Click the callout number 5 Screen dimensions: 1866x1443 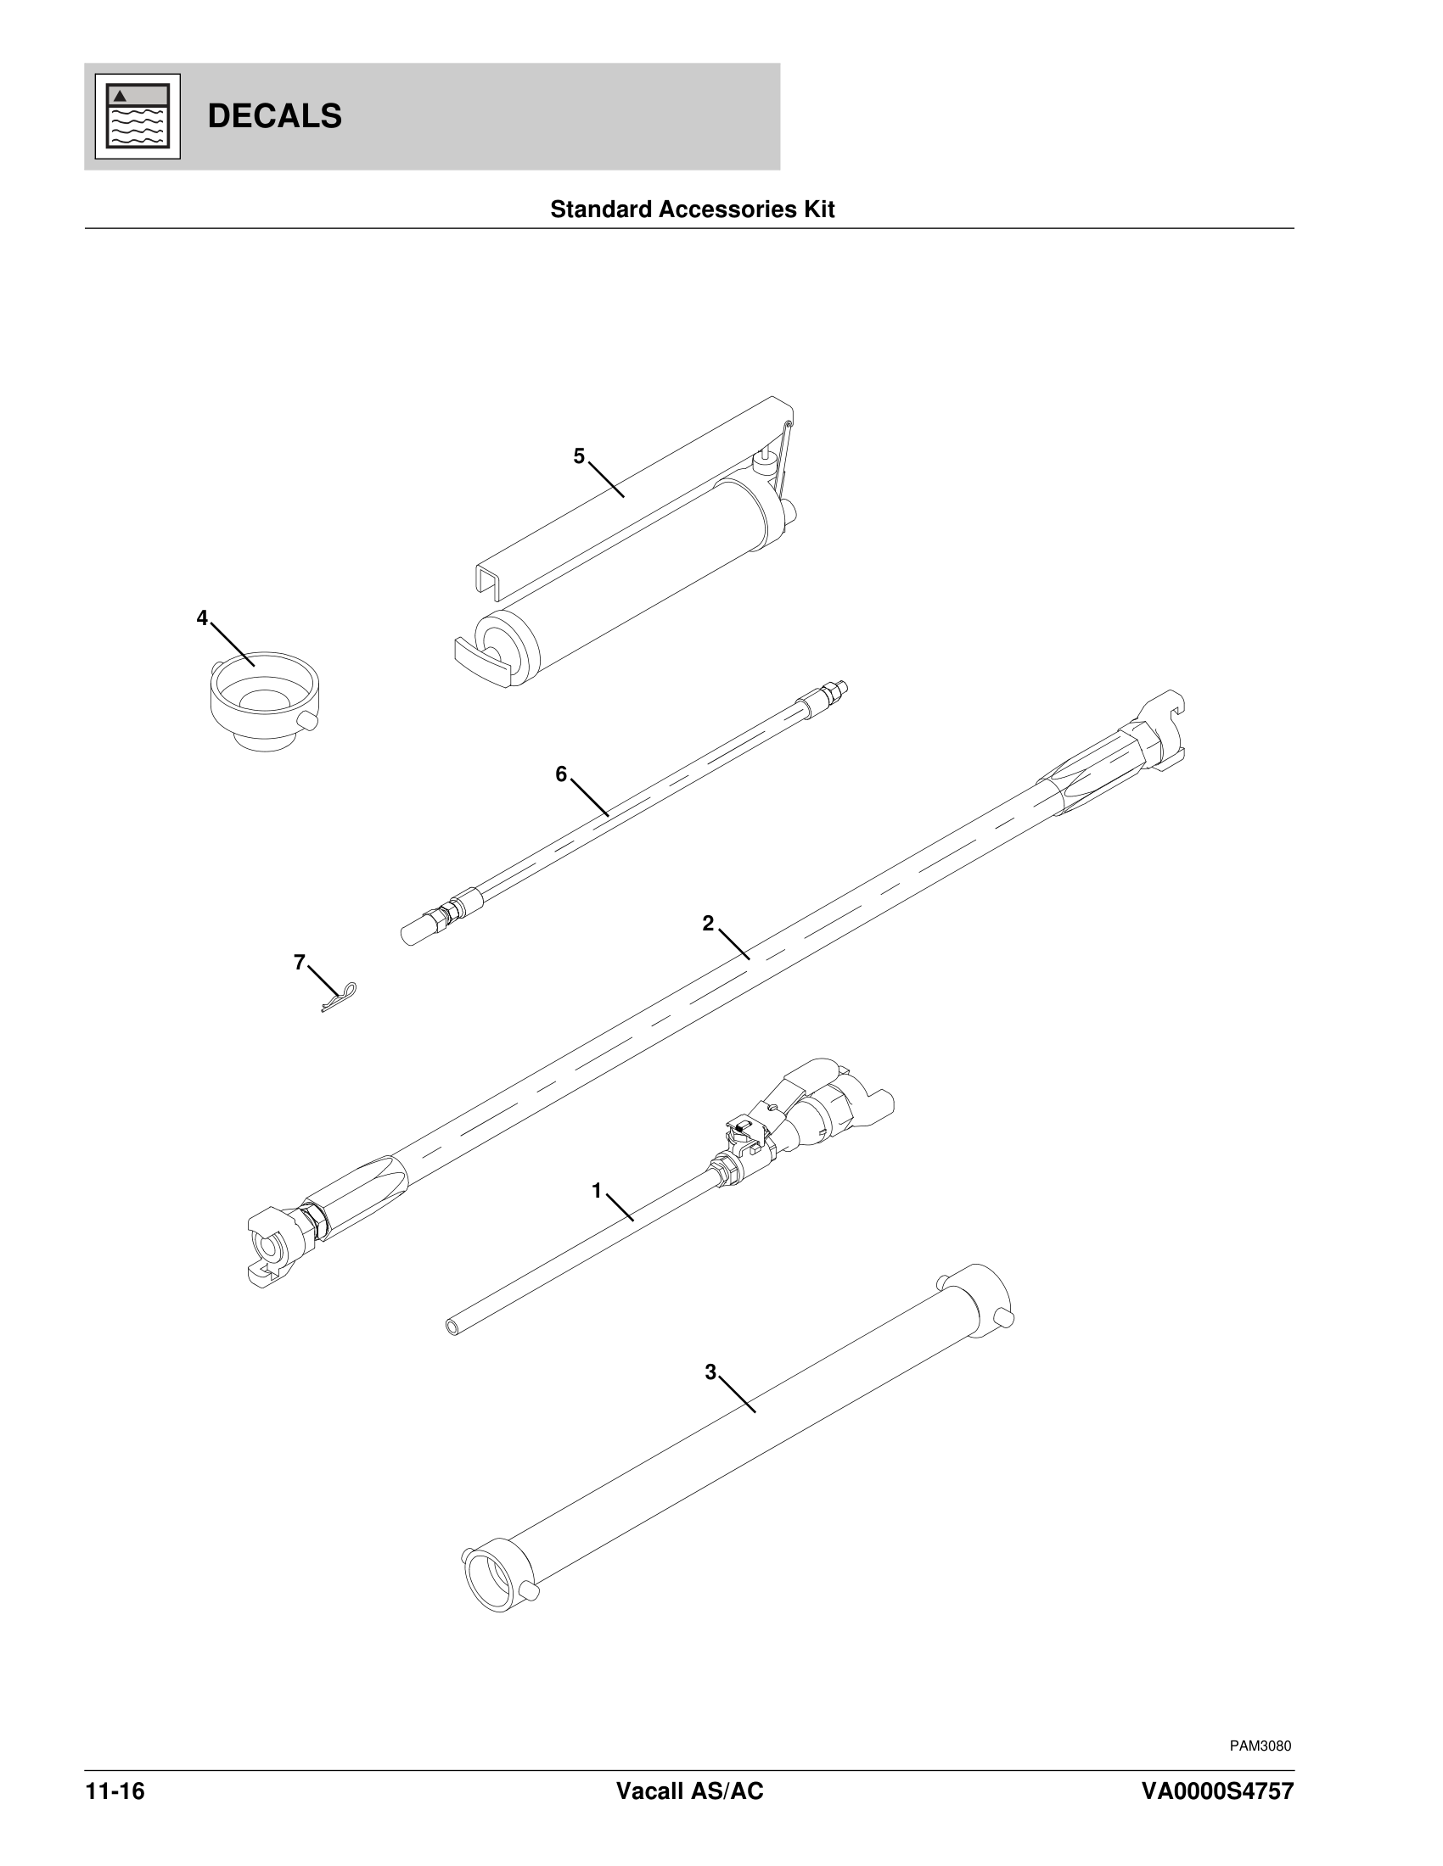(x=579, y=456)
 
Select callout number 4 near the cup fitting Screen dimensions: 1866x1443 (x=202, y=617)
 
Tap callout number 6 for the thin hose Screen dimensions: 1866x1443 (x=561, y=774)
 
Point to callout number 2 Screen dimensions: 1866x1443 (x=708, y=923)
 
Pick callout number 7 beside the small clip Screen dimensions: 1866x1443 (x=299, y=963)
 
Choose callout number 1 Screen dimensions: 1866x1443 (x=597, y=1190)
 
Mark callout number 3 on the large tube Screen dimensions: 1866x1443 (x=710, y=1372)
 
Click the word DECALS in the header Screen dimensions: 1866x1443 (x=274, y=116)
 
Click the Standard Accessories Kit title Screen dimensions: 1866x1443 (x=692, y=210)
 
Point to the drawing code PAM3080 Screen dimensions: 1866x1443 (x=1260, y=1745)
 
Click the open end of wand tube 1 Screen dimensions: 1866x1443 (x=452, y=1327)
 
